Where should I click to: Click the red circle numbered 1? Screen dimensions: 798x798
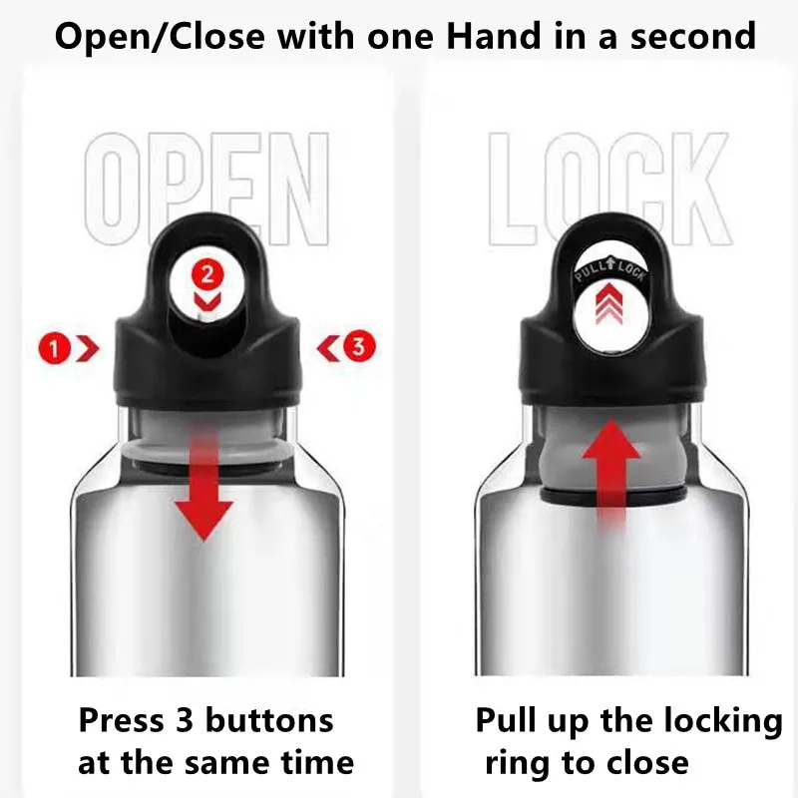tap(54, 348)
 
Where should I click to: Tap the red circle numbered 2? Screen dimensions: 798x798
tap(207, 275)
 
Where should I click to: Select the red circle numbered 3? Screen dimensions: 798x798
tap(359, 346)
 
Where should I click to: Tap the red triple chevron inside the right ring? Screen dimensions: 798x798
tap(609, 304)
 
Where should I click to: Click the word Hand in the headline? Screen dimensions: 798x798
tap(493, 36)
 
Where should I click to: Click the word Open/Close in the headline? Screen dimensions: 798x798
tap(160, 37)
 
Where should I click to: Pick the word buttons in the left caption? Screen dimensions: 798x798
tap(269, 720)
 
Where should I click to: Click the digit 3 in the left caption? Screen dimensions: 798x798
tap(185, 721)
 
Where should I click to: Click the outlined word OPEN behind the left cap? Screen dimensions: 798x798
tap(206, 189)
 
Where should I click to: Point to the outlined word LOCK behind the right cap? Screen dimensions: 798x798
tap(609, 189)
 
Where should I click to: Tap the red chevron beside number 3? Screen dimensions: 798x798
tap(328, 348)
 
